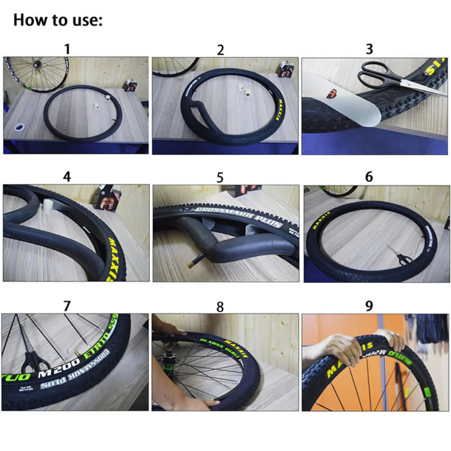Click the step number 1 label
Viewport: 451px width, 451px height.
coord(67,49)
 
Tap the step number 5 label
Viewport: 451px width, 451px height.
coord(220,177)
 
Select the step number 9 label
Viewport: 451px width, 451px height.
coord(369,306)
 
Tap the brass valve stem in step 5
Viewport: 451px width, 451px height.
coord(199,260)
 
